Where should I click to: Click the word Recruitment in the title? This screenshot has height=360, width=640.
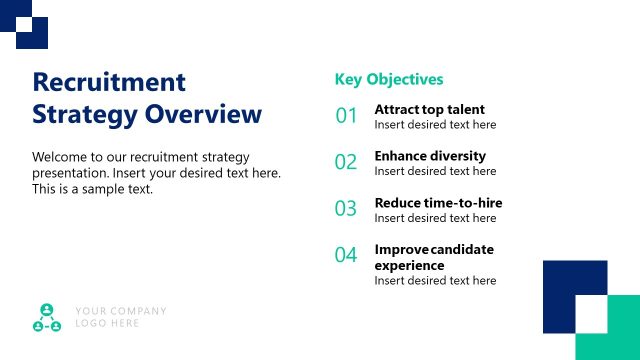tap(109, 82)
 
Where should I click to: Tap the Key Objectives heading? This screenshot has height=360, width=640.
tap(388, 79)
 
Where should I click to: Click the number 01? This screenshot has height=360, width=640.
tap(346, 116)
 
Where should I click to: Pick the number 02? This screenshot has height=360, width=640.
tap(346, 162)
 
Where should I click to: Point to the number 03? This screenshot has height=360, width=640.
tap(346, 209)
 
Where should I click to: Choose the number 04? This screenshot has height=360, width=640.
tap(346, 255)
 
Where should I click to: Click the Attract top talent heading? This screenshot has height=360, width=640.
tap(429, 109)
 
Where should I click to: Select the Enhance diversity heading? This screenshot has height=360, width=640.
tap(430, 156)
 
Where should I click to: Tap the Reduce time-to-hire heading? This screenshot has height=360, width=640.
tap(438, 203)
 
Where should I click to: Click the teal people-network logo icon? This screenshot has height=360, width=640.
tap(47, 317)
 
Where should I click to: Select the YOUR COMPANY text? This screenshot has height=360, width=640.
tap(121, 311)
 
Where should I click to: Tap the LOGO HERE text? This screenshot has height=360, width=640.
tap(107, 324)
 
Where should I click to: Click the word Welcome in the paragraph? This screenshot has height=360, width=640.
tap(60, 157)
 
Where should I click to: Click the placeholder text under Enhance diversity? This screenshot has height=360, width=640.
tap(435, 171)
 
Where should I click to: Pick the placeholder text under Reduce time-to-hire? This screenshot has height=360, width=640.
tap(435, 218)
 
